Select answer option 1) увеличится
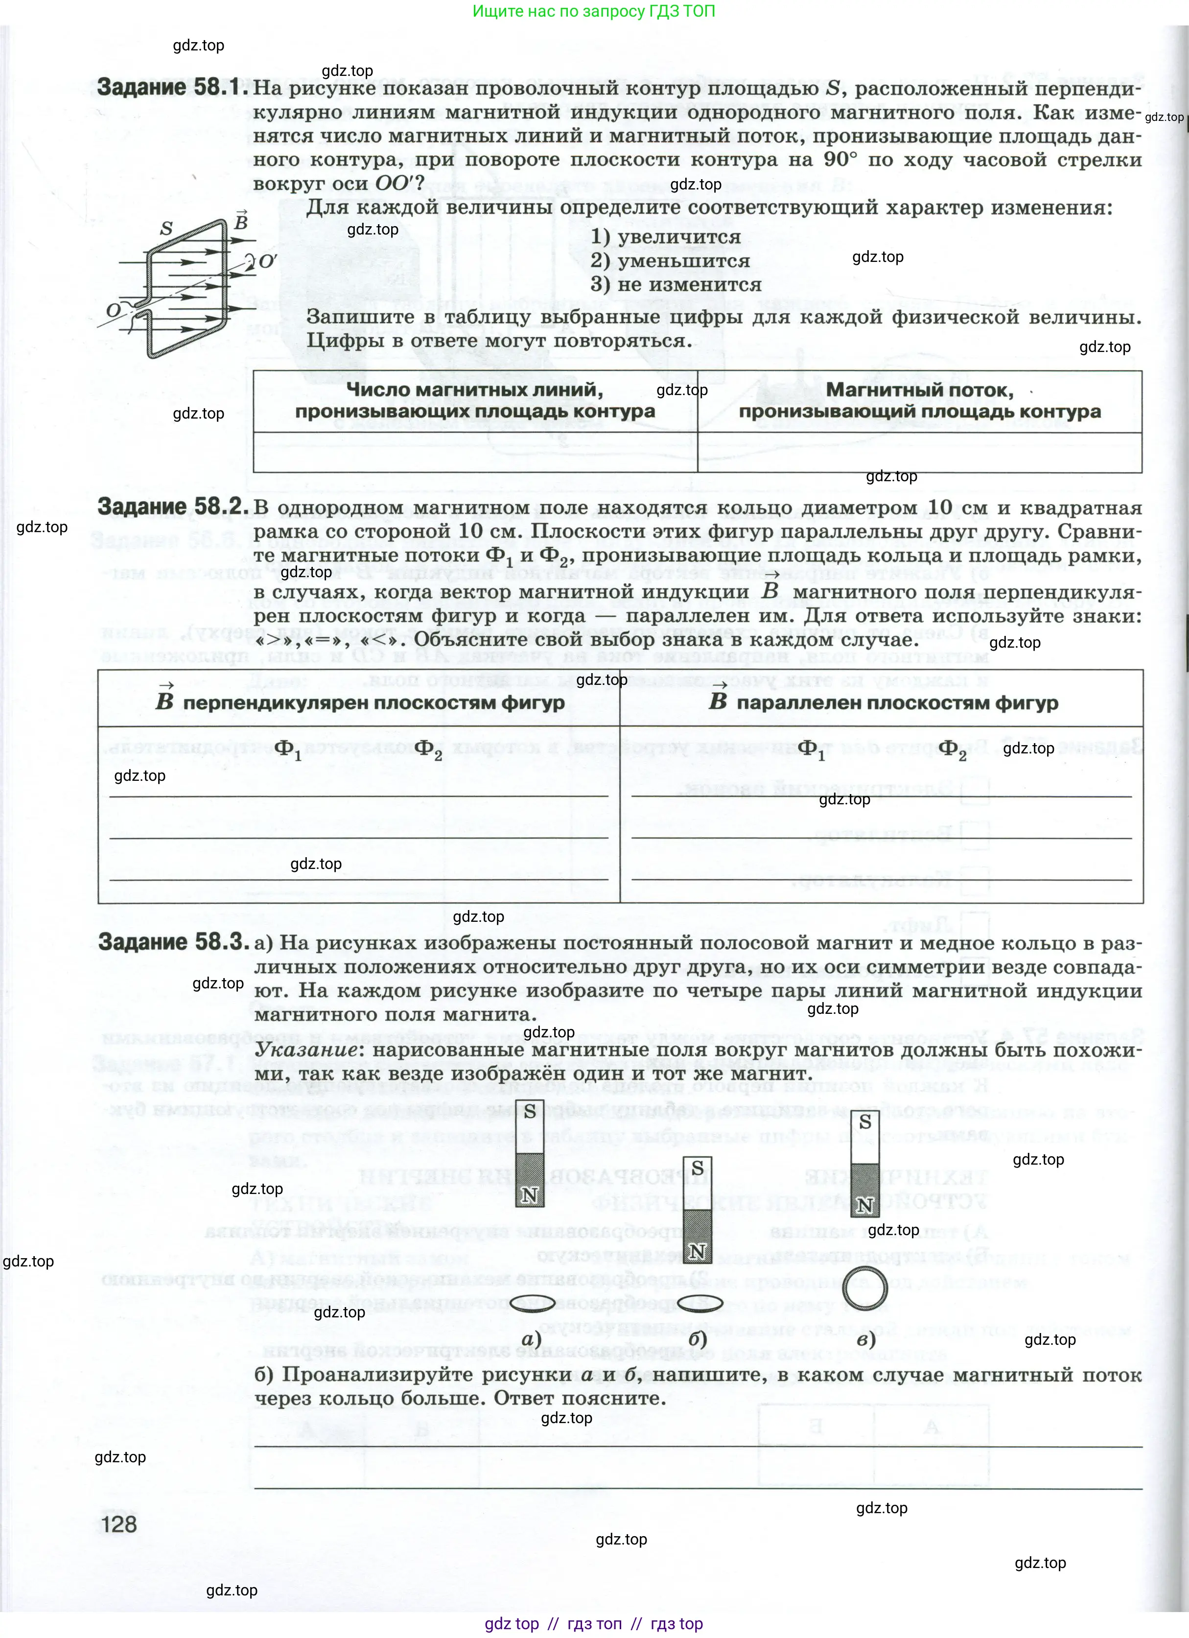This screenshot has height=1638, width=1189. pos(665,237)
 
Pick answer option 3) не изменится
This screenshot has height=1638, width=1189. pos(676,284)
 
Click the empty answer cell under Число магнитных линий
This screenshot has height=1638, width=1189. pos(475,452)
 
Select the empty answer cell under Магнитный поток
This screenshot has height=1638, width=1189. pos(920,452)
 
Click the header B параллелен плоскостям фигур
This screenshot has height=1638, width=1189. pos(883,702)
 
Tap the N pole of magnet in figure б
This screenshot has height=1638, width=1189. pos(697,1252)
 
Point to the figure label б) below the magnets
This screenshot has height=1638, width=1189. pos(697,1338)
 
